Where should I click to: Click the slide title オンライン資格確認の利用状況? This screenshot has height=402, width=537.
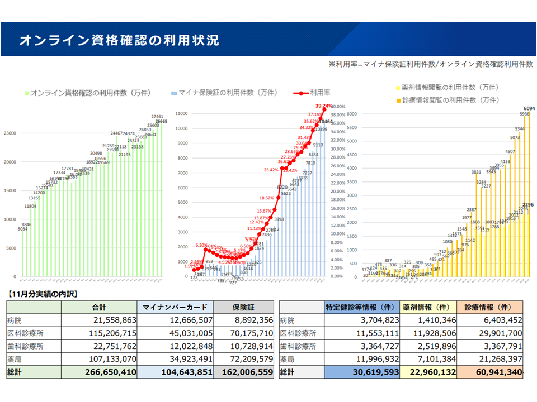[119, 40]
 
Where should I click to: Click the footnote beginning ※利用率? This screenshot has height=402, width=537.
[431, 65]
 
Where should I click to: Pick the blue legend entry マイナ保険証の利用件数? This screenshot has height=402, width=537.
[227, 93]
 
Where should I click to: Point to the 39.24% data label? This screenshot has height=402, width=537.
[323, 106]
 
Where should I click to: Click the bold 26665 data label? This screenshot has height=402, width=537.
[161, 121]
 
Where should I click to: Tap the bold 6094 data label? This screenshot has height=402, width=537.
[529, 108]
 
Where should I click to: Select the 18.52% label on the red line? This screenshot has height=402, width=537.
[267, 198]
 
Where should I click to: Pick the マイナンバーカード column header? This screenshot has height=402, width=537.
[175, 307]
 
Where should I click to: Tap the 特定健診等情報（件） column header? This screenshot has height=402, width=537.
[360, 307]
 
